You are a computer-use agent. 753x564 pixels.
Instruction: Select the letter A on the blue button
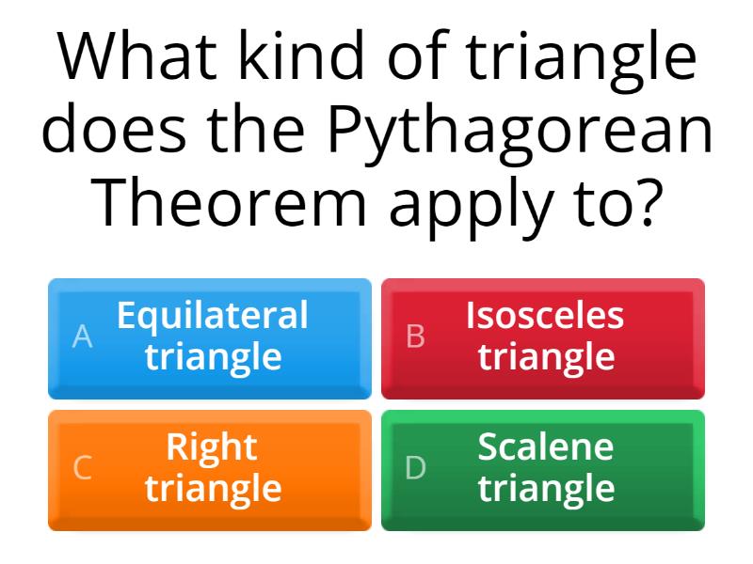pyautogui.click(x=83, y=337)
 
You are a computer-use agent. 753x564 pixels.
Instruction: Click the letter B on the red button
pyautogui.click(x=415, y=337)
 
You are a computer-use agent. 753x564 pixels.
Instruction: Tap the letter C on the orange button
pyautogui.click(x=83, y=467)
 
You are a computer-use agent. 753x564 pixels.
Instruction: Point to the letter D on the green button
pyautogui.click(x=415, y=467)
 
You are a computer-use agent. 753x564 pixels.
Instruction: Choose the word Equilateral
pyautogui.click(x=213, y=316)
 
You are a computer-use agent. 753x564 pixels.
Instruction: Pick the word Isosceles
pyautogui.click(x=545, y=316)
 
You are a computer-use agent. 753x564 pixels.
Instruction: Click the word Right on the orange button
pyautogui.click(x=213, y=448)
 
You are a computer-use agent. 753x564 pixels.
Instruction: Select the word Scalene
pyautogui.click(x=545, y=447)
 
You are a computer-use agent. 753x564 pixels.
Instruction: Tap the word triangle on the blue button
pyautogui.click(x=213, y=357)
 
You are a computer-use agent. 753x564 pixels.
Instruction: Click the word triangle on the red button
pyautogui.click(x=546, y=357)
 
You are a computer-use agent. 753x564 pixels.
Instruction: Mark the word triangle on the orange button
pyautogui.click(x=213, y=489)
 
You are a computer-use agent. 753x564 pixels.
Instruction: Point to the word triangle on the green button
pyautogui.click(x=546, y=489)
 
